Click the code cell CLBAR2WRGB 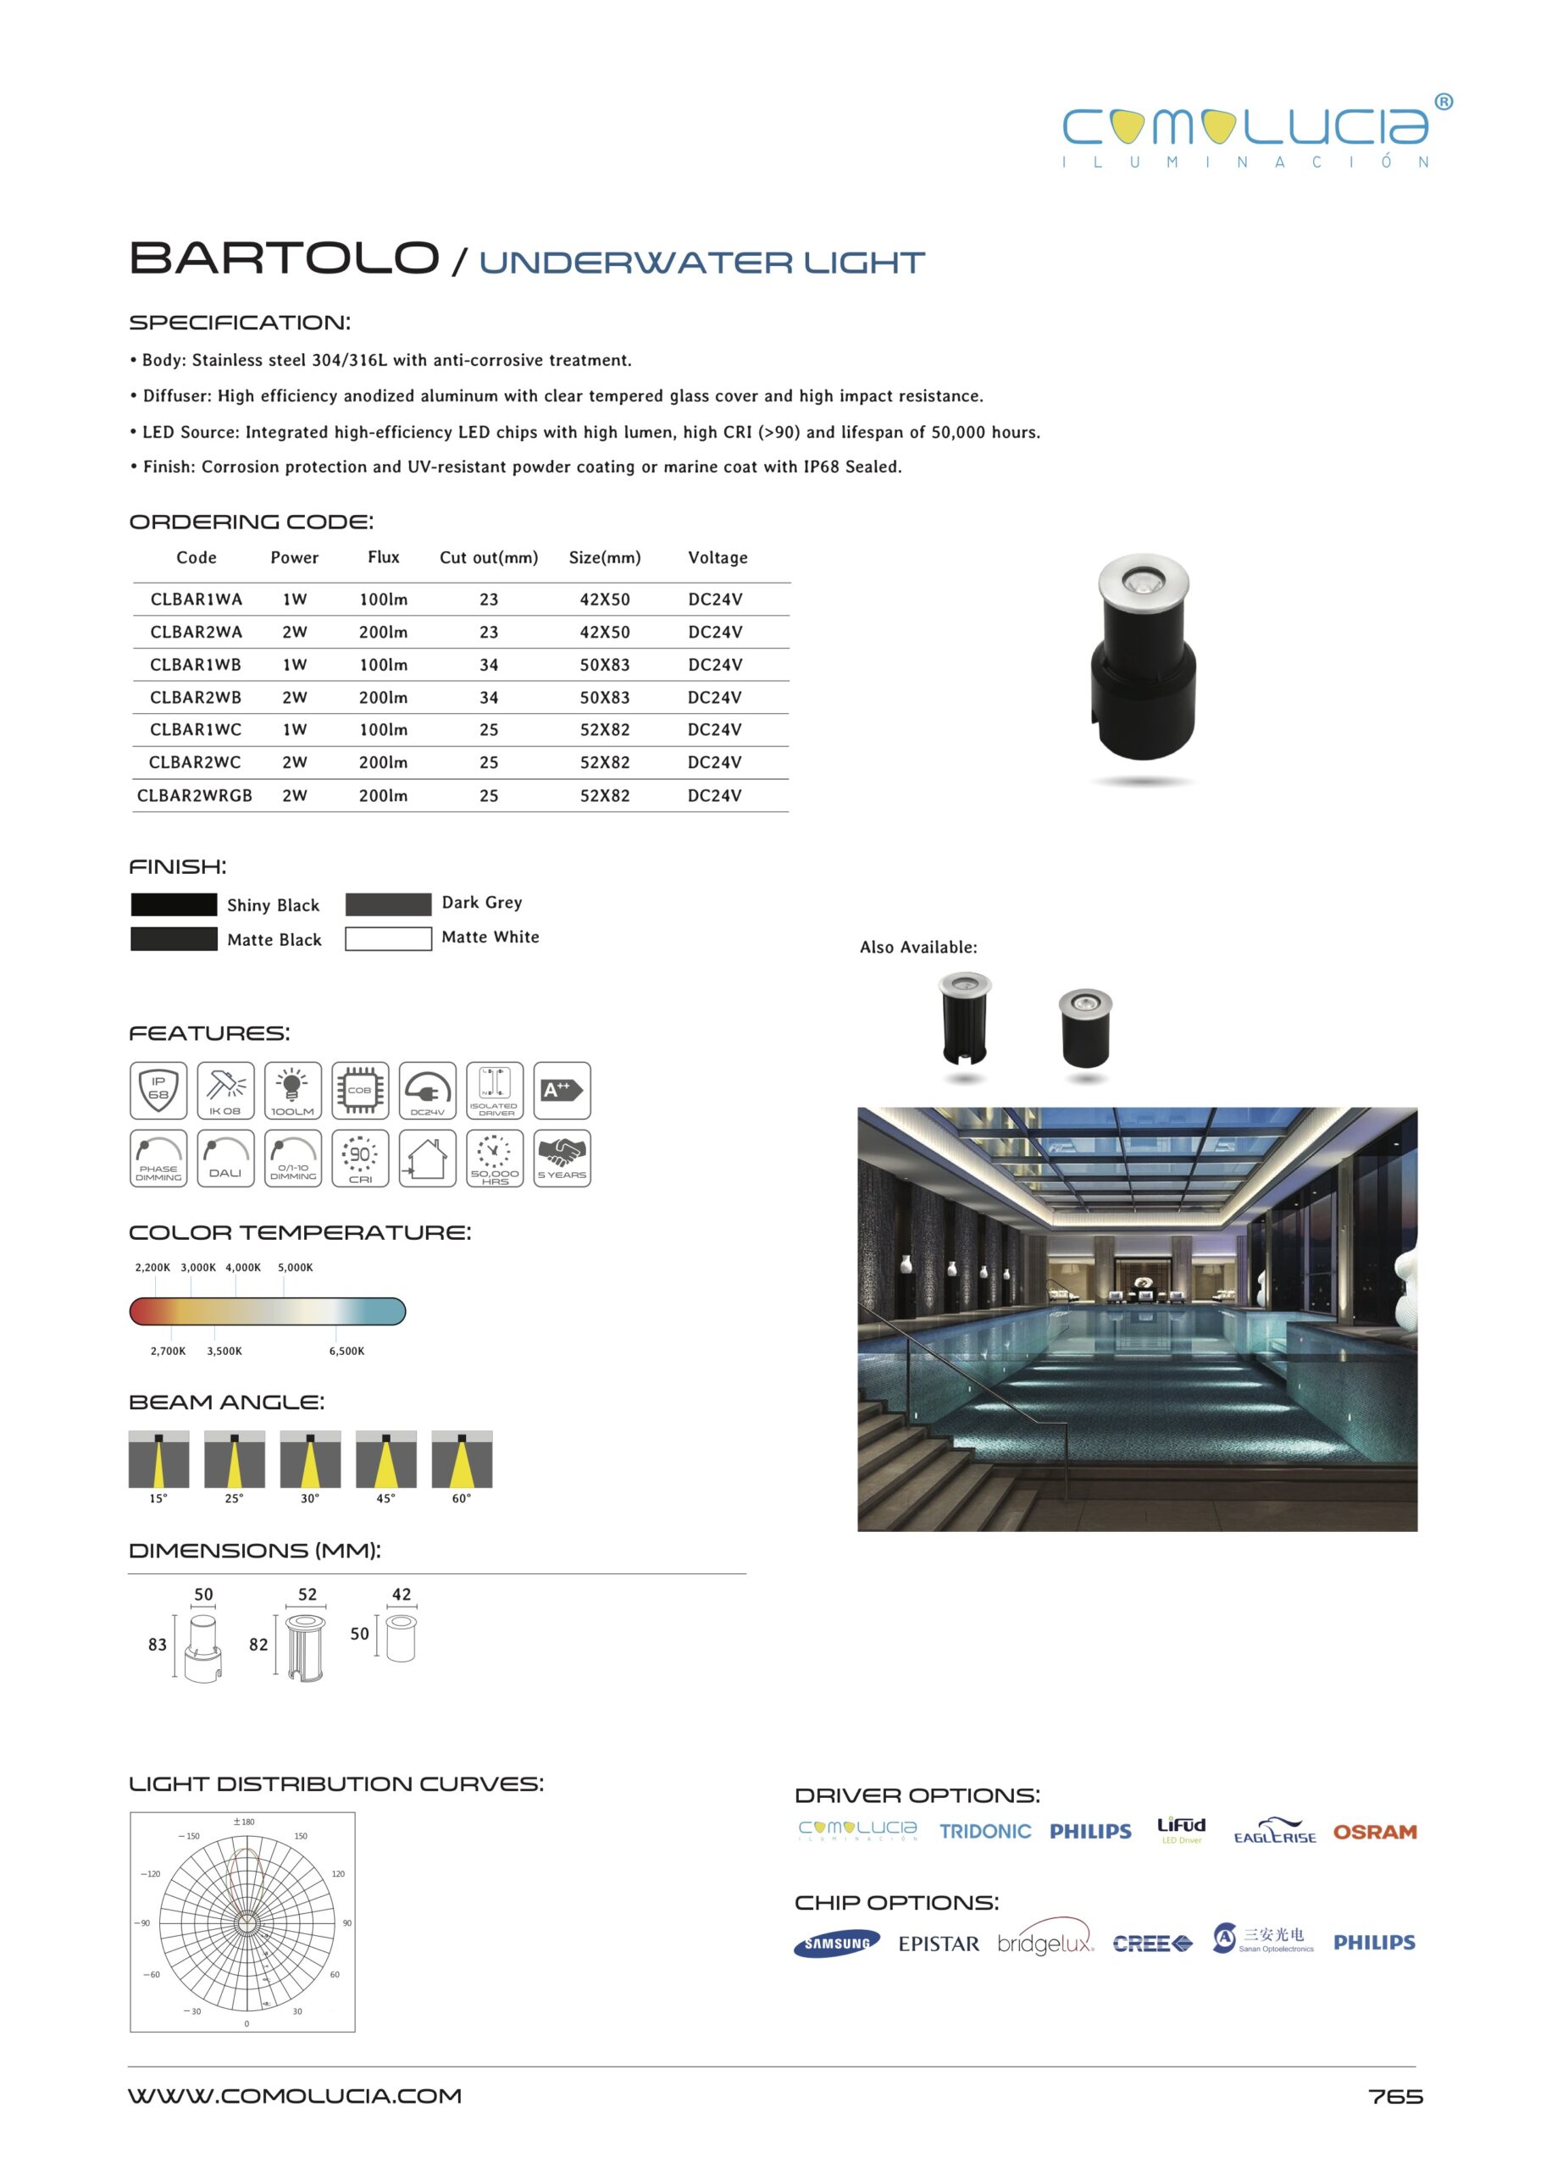(x=194, y=795)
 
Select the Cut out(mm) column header (x=488, y=558)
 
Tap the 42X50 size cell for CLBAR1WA (x=605, y=600)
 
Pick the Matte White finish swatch (x=387, y=938)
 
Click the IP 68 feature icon (x=158, y=1091)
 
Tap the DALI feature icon (x=225, y=1159)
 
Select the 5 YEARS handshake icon (x=562, y=1159)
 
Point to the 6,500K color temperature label (x=346, y=1352)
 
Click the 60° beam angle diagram (x=462, y=1459)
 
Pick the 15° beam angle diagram (x=158, y=1459)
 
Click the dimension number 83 (x=157, y=1645)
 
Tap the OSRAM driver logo (x=1375, y=1832)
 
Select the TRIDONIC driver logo (x=984, y=1832)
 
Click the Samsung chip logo (x=836, y=1944)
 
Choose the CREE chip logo (x=1152, y=1944)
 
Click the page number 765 (x=1394, y=2097)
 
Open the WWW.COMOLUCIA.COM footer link (x=295, y=2096)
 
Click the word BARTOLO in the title (x=284, y=259)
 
